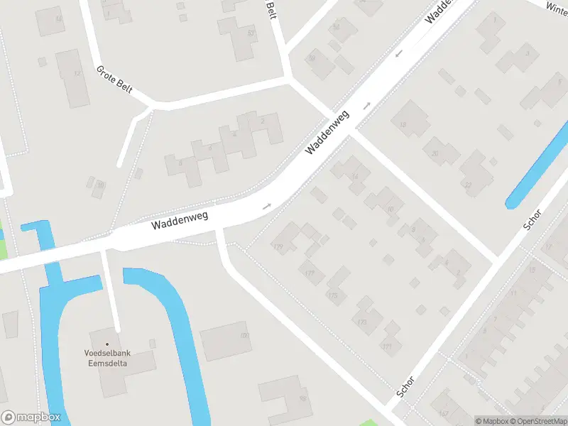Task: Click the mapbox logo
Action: [31, 417]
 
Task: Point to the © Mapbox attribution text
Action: [492, 421]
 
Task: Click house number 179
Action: [278, 246]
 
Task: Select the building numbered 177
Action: [309, 273]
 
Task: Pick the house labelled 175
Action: [332, 295]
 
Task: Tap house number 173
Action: [362, 322]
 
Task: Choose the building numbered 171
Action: [386, 346]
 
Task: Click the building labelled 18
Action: [403, 126]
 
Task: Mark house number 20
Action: [435, 153]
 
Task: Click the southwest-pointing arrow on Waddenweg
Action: [399, 53]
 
